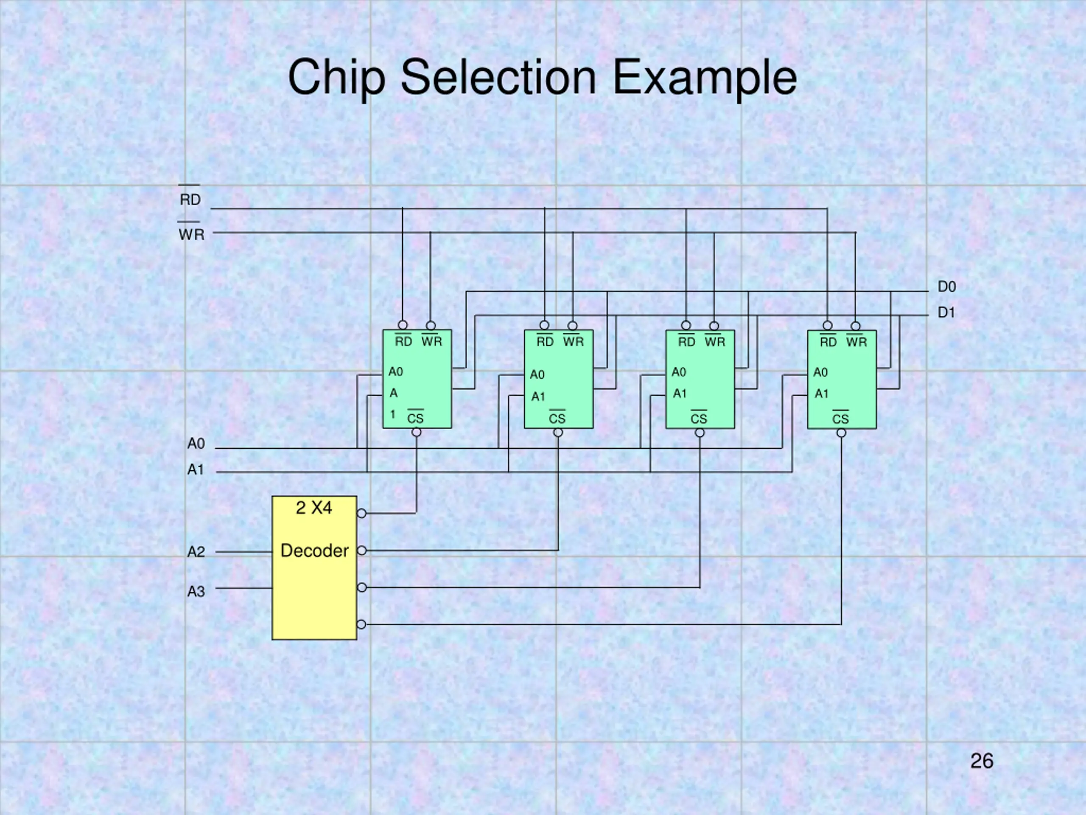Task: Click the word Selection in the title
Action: pos(498,77)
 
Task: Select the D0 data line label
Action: pos(946,287)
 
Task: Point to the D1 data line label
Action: pos(946,312)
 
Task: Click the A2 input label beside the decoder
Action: pos(196,552)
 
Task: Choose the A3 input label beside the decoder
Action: pos(196,591)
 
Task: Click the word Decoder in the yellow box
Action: pos(314,551)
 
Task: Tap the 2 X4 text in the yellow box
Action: pos(314,508)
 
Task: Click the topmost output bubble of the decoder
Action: pos(361,513)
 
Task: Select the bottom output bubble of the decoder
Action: pos(361,624)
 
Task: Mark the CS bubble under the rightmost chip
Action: pos(841,433)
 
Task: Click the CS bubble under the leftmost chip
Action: pos(416,432)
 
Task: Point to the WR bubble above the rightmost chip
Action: pos(855,326)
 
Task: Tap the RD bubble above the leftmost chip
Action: pos(403,325)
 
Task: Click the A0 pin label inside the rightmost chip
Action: pos(820,372)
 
